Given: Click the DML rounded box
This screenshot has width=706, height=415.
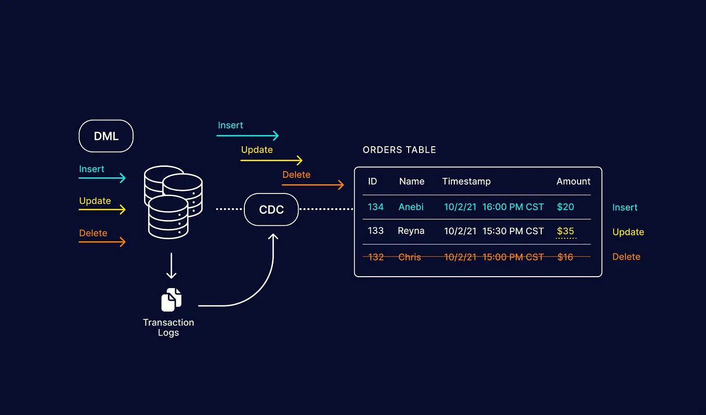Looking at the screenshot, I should pyautogui.click(x=106, y=136).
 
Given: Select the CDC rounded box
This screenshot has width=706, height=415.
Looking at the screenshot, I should pyautogui.click(x=271, y=210).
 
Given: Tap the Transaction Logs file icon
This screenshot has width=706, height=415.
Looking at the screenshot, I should pyautogui.click(x=172, y=300).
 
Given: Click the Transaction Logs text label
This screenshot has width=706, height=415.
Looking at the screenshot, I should pyautogui.click(x=168, y=328).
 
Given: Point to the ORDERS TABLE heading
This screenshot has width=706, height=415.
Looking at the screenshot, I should pyautogui.click(x=399, y=150).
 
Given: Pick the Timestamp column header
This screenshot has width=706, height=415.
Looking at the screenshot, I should pyautogui.click(x=466, y=181).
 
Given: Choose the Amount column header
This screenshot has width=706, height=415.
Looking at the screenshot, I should pyautogui.click(x=573, y=181).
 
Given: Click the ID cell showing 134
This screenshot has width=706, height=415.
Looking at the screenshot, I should pyautogui.click(x=375, y=207).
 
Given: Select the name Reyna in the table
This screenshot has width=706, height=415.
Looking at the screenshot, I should pyautogui.click(x=411, y=231).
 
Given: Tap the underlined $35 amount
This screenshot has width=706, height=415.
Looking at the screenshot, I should pyautogui.click(x=565, y=231).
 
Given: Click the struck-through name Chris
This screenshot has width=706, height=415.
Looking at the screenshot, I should pyautogui.click(x=410, y=257).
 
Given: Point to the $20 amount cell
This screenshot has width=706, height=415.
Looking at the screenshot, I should pyautogui.click(x=565, y=207).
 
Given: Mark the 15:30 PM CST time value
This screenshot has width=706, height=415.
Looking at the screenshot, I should pyautogui.click(x=513, y=231).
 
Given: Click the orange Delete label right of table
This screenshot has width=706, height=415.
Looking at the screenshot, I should pyautogui.click(x=626, y=257).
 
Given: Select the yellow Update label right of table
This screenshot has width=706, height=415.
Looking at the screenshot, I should pyautogui.click(x=628, y=232).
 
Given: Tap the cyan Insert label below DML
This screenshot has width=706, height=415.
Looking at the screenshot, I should pyautogui.click(x=91, y=169).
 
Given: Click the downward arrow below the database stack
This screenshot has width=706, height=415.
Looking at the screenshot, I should pyautogui.click(x=171, y=266).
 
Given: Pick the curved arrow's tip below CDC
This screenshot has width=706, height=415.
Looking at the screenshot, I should pyautogui.click(x=273, y=236).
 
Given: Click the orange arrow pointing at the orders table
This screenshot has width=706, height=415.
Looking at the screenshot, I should pyautogui.click(x=313, y=185).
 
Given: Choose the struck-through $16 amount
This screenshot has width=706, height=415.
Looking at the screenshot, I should pyautogui.click(x=565, y=257).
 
